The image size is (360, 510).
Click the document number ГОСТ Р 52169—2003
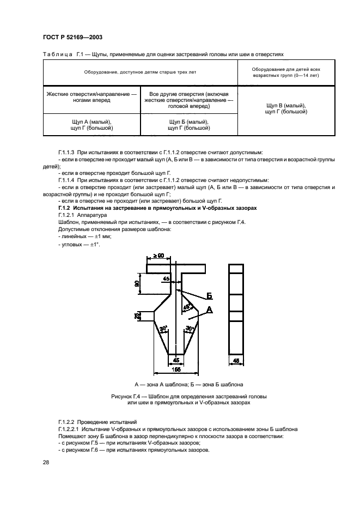point(72,37)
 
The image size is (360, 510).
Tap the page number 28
point(46,462)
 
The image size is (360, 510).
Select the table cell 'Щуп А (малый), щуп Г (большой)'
point(91,125)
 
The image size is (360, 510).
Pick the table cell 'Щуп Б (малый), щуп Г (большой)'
point(189,125)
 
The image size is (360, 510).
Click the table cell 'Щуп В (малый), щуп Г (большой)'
point(286,108)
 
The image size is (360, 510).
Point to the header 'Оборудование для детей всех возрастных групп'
point(286,72)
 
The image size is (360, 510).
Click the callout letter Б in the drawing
point(209,296)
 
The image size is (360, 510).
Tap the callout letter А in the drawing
point(209,309)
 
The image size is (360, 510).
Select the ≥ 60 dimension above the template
point(158,256)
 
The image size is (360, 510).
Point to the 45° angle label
point(187,307)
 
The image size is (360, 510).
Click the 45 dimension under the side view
point(236,360)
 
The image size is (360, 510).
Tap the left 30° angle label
point(163,328)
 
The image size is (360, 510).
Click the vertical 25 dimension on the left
point(136,315)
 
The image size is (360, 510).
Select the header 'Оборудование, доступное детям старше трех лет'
point(140,72)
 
